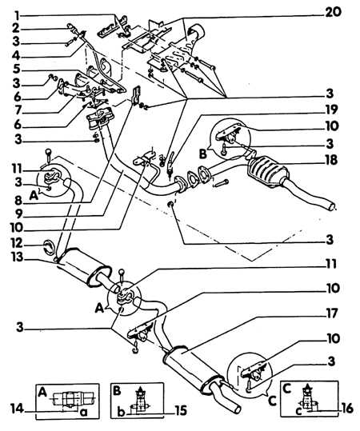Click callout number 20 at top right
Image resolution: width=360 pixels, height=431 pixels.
333,13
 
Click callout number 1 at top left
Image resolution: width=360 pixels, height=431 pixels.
18,15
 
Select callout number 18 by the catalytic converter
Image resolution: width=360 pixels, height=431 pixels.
331,160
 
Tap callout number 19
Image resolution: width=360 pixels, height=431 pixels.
331,110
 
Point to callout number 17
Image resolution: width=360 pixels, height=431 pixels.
331,313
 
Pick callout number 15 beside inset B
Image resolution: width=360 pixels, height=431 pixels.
180,411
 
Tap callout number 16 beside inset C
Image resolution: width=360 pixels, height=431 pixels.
347,409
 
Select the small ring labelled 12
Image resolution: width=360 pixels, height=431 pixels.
50,246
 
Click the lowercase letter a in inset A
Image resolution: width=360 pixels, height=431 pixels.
84,412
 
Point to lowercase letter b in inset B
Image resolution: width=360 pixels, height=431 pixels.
122,412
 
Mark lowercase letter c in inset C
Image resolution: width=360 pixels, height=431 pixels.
299,411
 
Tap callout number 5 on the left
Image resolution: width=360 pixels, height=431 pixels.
17,70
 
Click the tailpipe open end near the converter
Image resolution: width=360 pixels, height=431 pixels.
333,206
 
